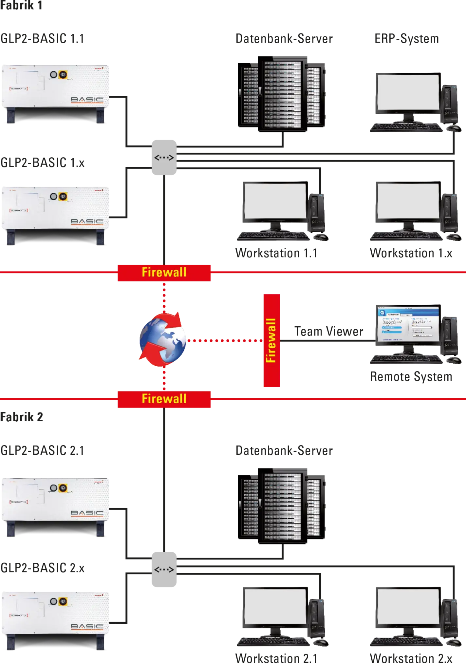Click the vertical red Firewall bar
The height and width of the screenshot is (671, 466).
click(271, 340)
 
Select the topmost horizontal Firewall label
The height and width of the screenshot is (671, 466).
click(164, 272)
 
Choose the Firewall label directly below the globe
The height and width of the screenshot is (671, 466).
click(164, 399)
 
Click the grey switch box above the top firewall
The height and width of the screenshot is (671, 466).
click(164, 158)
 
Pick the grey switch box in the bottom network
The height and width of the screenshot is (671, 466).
click(164, 569)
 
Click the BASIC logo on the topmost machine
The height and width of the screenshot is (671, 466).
click(87, 100)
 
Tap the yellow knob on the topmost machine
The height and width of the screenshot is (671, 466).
click(62, 75)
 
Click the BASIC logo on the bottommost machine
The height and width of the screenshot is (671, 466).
click(87, 626)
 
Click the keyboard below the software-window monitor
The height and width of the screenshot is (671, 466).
click(406, 359)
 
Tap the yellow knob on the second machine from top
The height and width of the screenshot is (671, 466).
click(62, 197)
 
